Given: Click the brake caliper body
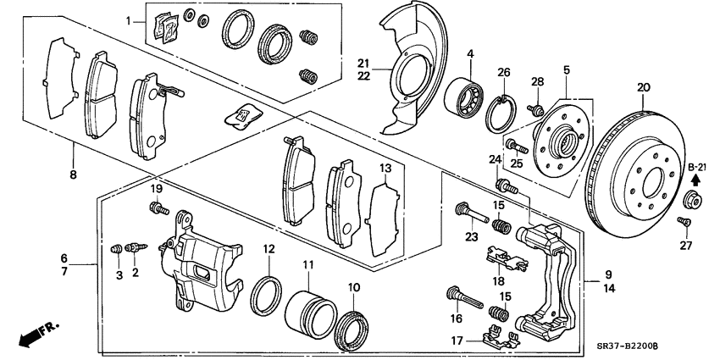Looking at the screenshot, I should pos(203,263).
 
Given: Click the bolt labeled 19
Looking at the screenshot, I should pos(157,208).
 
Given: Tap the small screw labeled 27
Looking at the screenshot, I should pos(685,222).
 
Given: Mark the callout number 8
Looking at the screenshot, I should pos(74,174).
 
